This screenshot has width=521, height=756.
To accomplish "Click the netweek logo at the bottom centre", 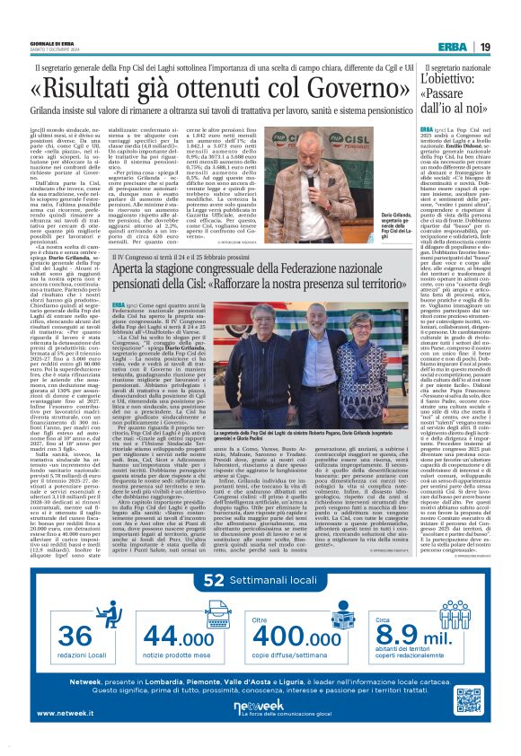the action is tap(259, 708).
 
